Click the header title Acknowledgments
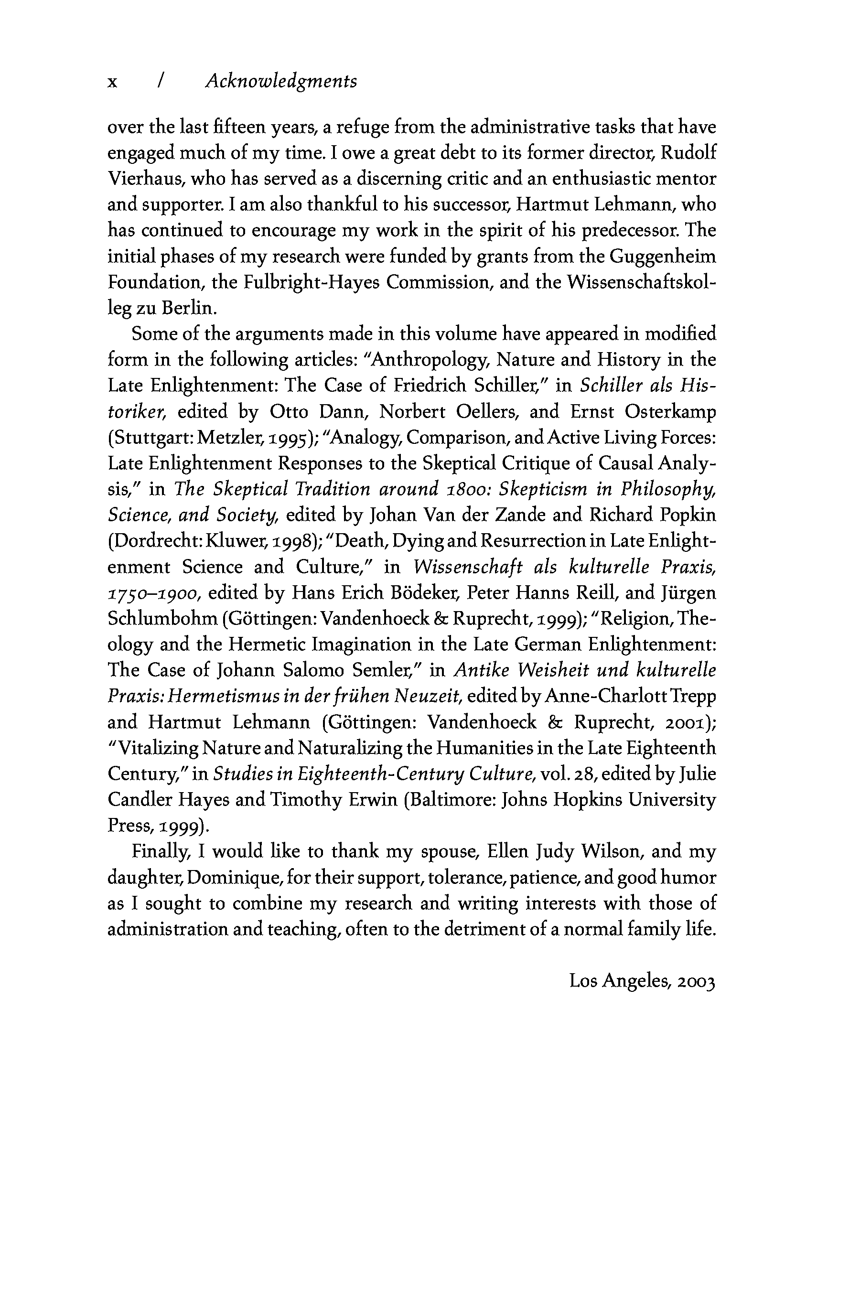tap(281, 82)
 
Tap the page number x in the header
tap(112, 82)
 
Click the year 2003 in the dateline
tap(696, 981)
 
